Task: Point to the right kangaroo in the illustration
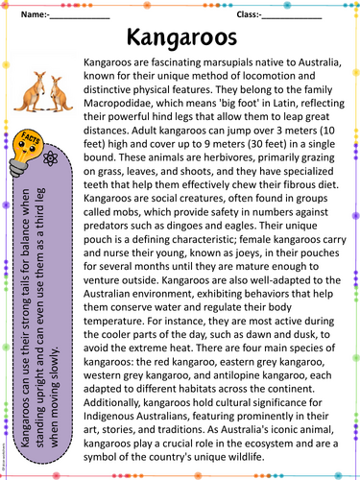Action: point(60,93)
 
